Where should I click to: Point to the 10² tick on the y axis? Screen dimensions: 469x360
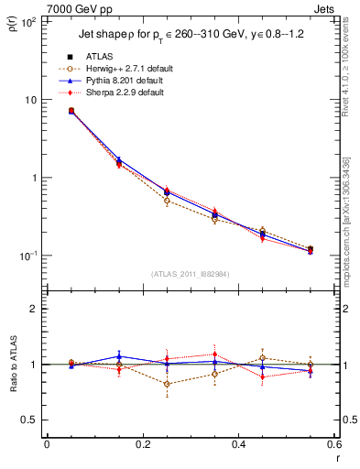27,22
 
